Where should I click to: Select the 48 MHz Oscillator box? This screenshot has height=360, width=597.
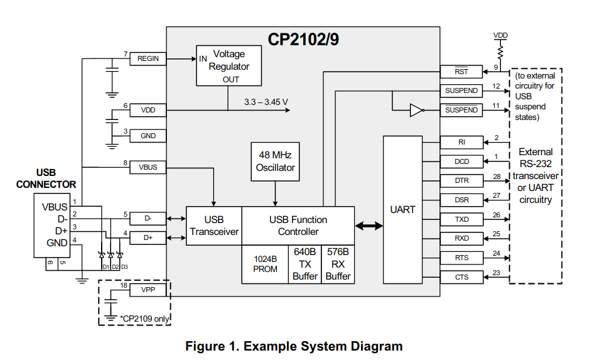coord(275,160)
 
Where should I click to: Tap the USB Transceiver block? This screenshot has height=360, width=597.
coord(214,226)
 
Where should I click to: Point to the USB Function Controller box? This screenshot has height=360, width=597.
coord(298,226)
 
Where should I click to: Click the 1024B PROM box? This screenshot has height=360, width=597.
coord(265,264)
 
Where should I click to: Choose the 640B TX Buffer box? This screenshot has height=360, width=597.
coord(305,264)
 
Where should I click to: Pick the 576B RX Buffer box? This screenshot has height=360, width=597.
coord(338,264)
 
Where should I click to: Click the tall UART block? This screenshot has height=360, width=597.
coord(402,210)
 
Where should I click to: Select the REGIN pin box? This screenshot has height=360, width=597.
coord(148,59)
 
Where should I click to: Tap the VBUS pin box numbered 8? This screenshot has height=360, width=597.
coord(148,168)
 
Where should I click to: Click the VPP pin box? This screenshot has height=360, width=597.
coord(148,290)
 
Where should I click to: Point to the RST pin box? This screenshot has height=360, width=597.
coord(461,72)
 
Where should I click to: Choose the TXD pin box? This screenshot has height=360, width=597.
coord(461,220)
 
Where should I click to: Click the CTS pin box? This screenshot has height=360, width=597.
coord(461,277)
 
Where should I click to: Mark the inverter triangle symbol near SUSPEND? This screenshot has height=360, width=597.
coord(416,110)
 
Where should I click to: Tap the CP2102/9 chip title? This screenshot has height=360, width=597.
coord(304,40)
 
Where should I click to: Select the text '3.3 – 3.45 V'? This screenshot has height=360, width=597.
coord(266,101)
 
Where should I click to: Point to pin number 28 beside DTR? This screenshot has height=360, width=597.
coord(497,177)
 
